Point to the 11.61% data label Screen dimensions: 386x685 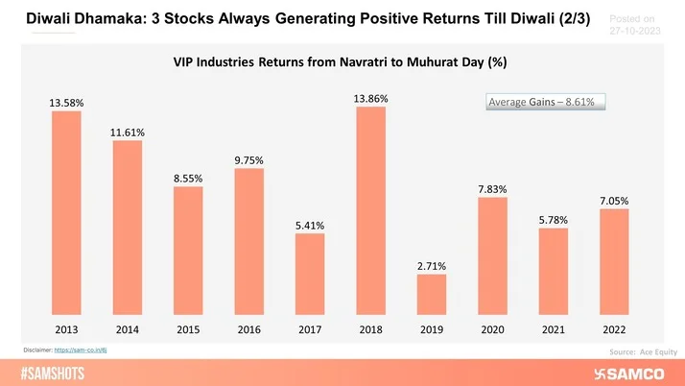click(x=127, y=132)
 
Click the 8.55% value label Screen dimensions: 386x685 click(x=188, y=178)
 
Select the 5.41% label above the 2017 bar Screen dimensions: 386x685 click(x=309, y=226)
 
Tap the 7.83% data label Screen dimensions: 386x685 click(x=492, y=189)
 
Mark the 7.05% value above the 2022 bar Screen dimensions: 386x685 click(x=613, y=201)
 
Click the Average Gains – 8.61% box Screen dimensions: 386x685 click(x=544, y=102)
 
